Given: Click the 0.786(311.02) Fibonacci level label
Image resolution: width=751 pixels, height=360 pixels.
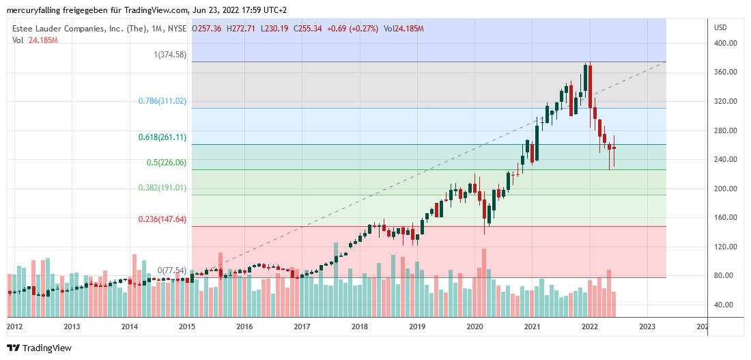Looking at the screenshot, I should coord(162,101).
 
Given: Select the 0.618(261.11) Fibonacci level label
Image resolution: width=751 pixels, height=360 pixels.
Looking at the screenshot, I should coord(162,137).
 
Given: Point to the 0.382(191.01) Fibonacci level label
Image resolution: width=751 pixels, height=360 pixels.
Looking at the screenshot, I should coord(162,188).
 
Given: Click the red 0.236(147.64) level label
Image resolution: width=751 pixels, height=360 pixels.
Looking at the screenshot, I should coord(162,219).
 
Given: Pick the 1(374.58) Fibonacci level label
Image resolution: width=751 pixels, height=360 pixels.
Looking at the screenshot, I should coord(170,55).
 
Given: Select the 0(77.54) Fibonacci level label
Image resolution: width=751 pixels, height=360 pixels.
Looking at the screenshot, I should coord(172,271).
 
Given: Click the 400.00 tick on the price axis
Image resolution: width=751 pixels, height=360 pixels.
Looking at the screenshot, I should coord(724,43).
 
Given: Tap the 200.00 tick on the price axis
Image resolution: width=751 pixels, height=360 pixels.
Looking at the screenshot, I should coord(724,189).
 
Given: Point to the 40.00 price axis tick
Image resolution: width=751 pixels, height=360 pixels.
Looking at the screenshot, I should coord(724,305).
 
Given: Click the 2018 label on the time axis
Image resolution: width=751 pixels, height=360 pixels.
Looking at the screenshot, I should coord(360,327).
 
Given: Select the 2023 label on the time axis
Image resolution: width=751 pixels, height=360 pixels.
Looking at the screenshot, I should coord(647,327).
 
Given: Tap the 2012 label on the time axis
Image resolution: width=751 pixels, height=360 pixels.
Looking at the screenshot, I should coord(14,327).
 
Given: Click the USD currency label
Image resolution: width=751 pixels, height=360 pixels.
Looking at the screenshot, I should coord(720,27).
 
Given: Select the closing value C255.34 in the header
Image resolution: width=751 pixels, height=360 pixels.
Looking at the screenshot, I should coord(307,28).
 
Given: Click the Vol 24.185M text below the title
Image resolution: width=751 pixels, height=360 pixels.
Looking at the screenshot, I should coord(35,40).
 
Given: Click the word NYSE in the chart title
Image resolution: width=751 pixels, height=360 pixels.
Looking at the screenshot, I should coord(178,28).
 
